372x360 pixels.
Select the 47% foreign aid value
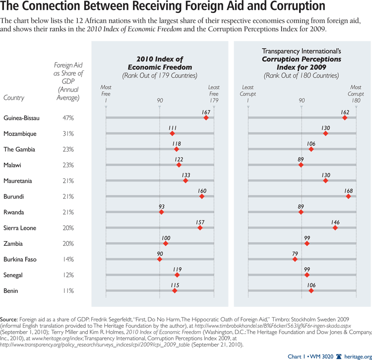68,118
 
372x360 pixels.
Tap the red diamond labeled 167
206,118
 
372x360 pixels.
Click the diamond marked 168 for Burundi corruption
348,197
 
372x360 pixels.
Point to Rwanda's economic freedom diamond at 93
161,212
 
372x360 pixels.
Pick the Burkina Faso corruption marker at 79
295,259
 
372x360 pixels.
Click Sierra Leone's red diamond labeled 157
200,228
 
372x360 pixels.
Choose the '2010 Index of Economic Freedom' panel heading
160,64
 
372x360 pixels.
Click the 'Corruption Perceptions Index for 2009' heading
302,63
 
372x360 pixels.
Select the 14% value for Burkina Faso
68,259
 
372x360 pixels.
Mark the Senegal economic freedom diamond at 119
177,275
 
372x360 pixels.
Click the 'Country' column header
14,98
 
